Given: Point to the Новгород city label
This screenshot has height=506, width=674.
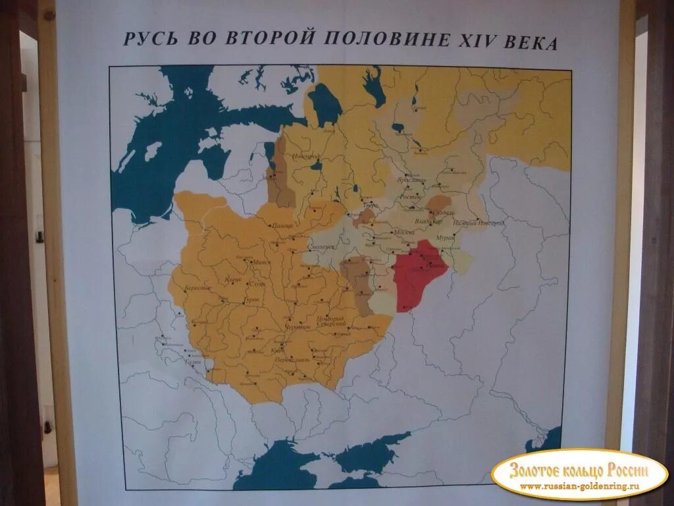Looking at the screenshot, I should [307, 156].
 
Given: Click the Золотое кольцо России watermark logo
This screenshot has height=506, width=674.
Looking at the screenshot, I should [579, 474].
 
